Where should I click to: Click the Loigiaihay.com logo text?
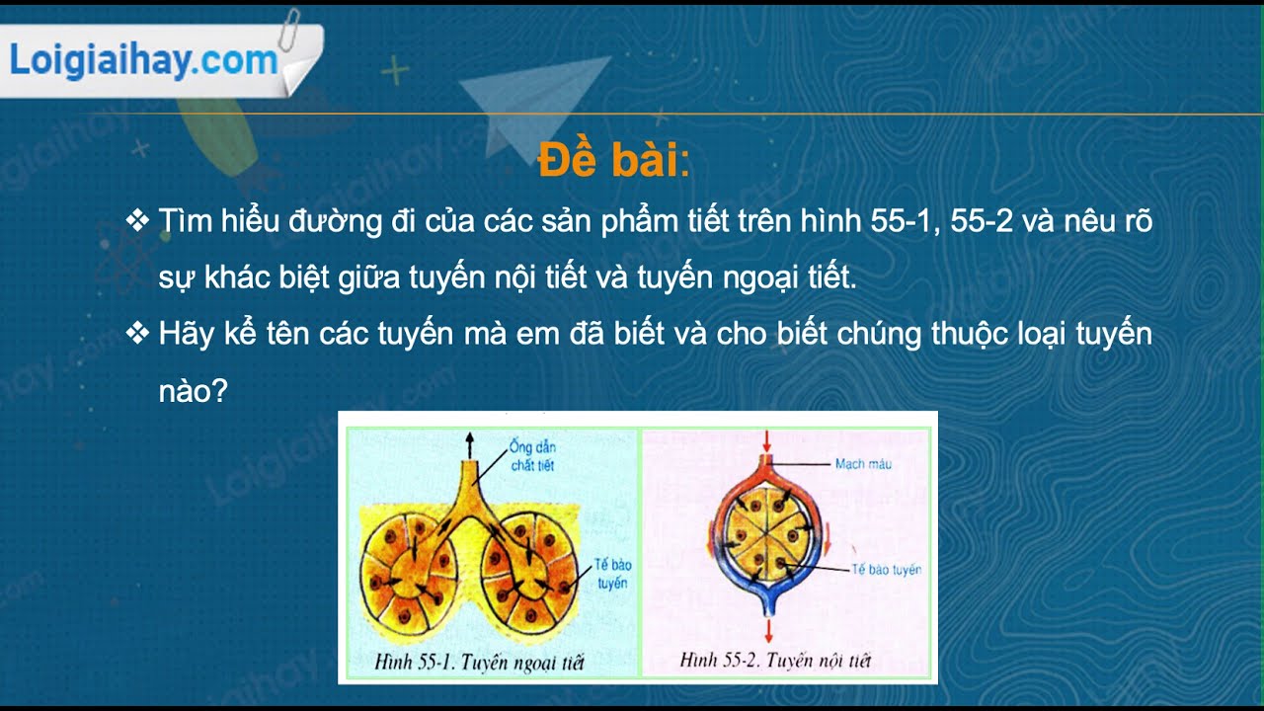tap(143, 61)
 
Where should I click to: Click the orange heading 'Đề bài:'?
tap(612, 161)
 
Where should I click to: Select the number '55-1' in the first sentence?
tap(905, 221)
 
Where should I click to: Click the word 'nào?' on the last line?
tap(194, 391)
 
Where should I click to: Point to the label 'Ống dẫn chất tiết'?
tap(532, 456)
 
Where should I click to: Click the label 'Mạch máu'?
tap(863, 463)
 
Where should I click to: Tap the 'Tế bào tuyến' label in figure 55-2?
tap(888, 570)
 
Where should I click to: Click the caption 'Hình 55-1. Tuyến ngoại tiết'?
tap(479, 663)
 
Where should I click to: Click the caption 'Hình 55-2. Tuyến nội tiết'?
tap(775, 661)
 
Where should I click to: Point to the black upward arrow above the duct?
tap(470, 443)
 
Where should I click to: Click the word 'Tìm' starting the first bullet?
tap(186, 221)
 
